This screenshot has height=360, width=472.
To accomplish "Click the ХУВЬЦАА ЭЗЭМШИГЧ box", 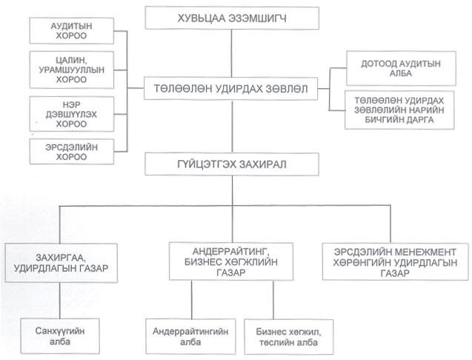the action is click(232, 19).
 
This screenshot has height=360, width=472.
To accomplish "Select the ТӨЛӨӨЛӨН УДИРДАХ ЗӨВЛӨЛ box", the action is click(231, 89).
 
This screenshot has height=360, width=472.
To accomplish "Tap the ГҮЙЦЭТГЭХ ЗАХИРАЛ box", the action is click(232, 164).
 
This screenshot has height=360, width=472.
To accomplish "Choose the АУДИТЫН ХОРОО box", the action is click(72, 30).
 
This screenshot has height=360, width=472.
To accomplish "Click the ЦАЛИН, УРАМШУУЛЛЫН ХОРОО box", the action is click(72, 70).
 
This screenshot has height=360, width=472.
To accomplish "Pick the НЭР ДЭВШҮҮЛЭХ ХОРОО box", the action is click(72, 114).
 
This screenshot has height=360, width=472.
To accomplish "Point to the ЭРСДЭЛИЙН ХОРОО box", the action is click(72, 152).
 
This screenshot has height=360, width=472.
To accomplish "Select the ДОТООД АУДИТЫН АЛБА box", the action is click(401, 68).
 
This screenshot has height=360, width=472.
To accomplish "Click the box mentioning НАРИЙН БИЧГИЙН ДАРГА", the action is click(399, 110).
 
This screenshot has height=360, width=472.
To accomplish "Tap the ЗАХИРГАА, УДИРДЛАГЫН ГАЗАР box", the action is click(61, 263).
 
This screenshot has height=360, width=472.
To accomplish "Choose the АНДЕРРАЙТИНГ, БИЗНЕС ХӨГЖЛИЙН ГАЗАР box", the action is click(231, 261).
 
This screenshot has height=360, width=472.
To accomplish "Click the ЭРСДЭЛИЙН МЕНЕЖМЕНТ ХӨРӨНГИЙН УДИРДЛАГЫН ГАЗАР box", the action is click(395, 262).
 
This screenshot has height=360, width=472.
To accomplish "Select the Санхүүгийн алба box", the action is click(60, 336).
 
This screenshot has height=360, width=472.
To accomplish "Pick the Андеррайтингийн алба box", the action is click(190, 336).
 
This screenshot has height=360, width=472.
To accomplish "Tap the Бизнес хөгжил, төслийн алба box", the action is click(289, 337).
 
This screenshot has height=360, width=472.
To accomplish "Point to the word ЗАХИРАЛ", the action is click(262, 164).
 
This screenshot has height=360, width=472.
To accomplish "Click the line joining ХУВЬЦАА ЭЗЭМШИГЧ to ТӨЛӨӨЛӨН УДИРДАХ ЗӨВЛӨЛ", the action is click(231, 53).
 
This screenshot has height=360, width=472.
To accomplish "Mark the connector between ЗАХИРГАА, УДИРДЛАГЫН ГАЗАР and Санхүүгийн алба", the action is click(59, 301).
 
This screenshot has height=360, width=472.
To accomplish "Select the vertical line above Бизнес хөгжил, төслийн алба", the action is click(273, 300).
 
